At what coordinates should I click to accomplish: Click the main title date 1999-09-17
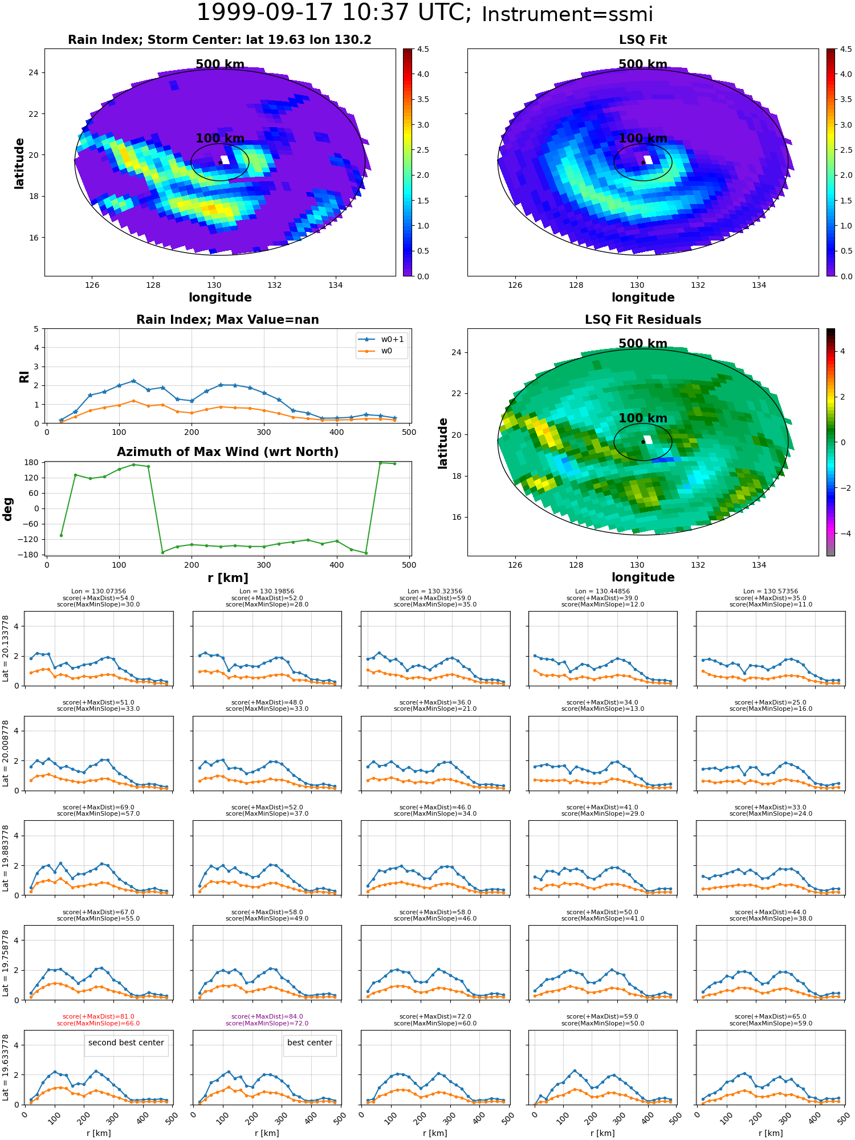click(x=267, y=13)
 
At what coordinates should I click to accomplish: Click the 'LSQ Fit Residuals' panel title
click(x=643, y=320)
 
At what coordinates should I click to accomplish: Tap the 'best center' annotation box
click(x=310, y=1043)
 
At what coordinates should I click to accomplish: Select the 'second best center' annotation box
click(x=126, y=1043)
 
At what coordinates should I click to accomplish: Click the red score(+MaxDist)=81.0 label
click(x=99, y=1016)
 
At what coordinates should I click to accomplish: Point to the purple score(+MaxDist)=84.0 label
click(x=267, y=1016)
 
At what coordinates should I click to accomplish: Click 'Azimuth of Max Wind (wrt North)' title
click(x=227, y=452)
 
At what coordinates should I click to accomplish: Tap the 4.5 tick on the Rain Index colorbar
click(x=422, y=49)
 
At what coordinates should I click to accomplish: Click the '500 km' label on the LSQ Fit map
click(x=643, y=64)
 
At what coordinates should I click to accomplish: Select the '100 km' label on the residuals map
click(x=643, y=418)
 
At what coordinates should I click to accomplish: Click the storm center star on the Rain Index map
click(x=220, y=162)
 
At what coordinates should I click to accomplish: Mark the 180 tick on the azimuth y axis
click(x=32, y=462)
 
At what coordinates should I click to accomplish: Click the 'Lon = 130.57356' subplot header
click(x=771, y=592)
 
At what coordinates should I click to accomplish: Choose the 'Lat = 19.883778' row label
click(x=6, y=858)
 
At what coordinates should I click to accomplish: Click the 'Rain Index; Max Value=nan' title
click(x=227, y=320)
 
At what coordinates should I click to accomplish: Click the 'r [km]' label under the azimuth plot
click(x=228, y=578)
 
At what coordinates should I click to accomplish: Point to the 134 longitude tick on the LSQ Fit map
click(x=759, y=285)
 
